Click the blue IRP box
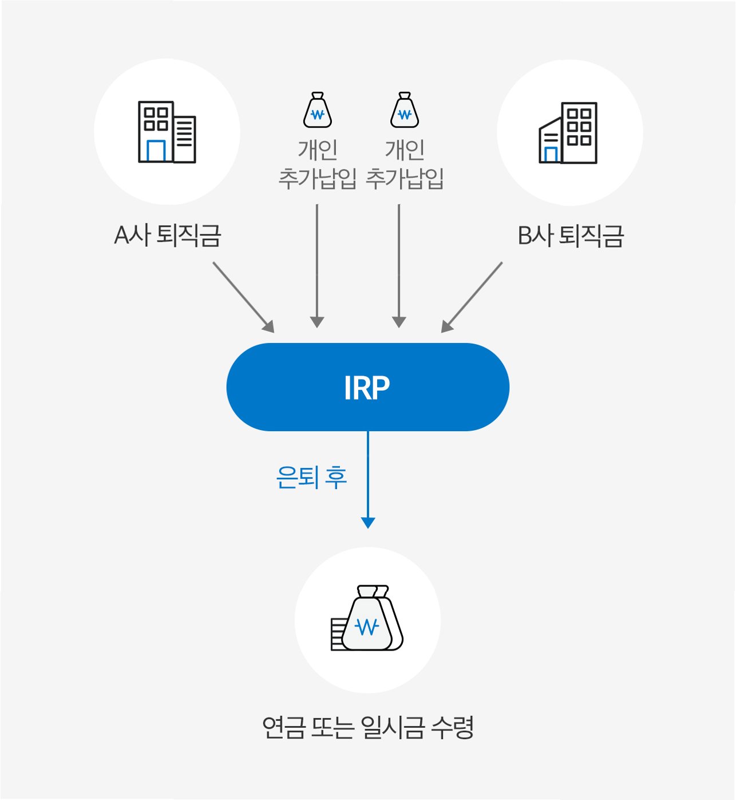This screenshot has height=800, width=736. [367, 387]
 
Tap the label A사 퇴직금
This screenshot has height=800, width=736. [167, 235]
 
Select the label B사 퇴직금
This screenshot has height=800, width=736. [570, 235]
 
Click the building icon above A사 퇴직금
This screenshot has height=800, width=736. [167, 132]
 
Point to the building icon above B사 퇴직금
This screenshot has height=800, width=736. [568, 133]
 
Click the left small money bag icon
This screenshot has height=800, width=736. [317, 111]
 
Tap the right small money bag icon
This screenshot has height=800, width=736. [405, 111]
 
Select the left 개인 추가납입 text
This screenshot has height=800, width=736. [317, 164]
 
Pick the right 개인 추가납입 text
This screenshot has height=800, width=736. [405, 164]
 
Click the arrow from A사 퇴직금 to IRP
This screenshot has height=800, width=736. [244, 297]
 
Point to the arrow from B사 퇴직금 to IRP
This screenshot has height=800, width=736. [472, 297]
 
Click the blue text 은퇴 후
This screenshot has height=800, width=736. [311, 477]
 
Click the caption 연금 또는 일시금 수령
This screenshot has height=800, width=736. [367, 728]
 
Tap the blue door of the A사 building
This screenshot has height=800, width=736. [156, 151]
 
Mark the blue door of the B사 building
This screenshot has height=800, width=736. [551, 155]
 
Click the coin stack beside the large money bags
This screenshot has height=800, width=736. [337, 634]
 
